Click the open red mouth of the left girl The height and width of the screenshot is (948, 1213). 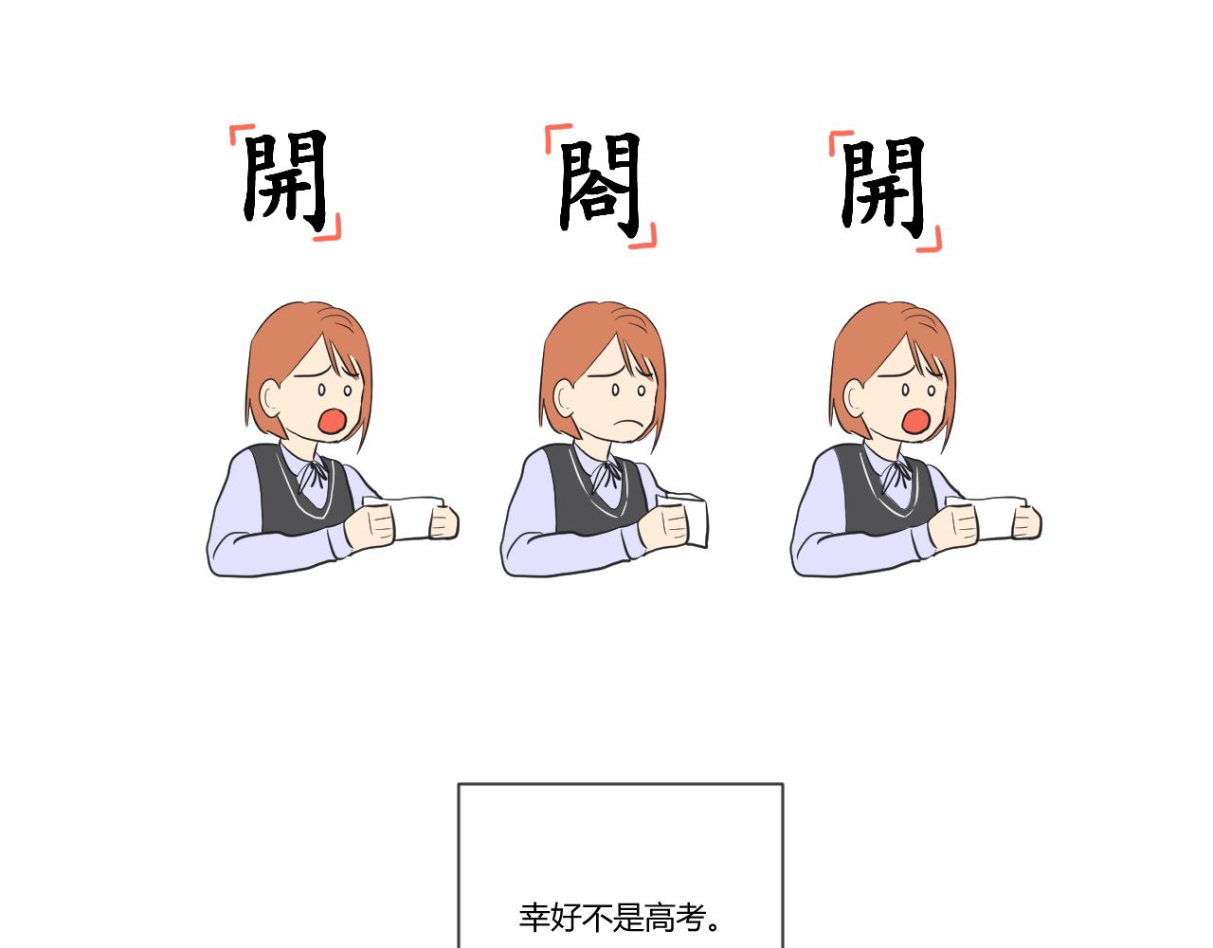point(332,421)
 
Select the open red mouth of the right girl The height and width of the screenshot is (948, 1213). point(915,421)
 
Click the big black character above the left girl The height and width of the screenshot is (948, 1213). point(284,181)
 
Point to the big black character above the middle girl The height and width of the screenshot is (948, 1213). point(600,186)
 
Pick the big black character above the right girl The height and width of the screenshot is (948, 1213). point(883,187)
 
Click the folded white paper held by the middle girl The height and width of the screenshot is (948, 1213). point(688,520)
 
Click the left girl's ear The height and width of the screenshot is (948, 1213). point(272,398)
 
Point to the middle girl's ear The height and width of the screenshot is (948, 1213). point(565,398)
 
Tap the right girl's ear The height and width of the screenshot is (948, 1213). point(855,398)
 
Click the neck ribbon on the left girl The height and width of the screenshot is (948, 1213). point(313,474)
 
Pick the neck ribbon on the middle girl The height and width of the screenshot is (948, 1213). point(606,474)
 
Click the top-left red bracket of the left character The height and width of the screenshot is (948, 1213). point(240,133)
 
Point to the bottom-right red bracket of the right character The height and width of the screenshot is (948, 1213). point(932,241)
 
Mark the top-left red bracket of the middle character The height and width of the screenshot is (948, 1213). point(556,136)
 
